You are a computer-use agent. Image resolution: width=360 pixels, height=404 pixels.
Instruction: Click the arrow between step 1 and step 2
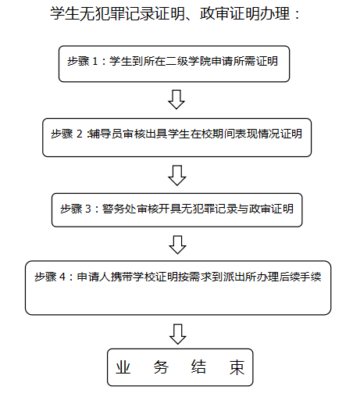tap(176, 100)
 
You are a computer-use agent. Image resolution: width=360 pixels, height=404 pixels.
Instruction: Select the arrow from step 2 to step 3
tap(177, 175)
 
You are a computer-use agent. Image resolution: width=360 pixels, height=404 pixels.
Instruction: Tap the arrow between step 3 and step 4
tap(177, 245)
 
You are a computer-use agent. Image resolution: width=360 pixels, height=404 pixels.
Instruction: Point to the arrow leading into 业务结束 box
tap(178, 334)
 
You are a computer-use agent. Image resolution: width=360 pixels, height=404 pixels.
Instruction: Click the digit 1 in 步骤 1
tap(95, 62)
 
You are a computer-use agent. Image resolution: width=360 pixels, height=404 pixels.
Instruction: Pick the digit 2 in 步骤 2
tap(79, 134)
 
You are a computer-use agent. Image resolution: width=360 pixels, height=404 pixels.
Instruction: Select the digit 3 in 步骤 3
tap(88, 209)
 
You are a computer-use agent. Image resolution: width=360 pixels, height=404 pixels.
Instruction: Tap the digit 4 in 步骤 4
tap(62, 277)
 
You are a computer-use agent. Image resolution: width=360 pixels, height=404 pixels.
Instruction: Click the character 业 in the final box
tap(123, 367)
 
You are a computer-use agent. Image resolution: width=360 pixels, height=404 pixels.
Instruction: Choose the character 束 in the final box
tap(237, 367)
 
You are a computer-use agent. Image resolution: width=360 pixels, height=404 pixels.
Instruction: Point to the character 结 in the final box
tap(198, 367)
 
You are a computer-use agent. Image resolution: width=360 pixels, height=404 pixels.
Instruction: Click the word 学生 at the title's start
tap(64, 13)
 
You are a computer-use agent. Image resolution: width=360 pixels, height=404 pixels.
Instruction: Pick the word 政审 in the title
tap(214, 13)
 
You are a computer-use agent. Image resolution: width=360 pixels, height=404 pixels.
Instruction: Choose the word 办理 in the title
tap(275, 13)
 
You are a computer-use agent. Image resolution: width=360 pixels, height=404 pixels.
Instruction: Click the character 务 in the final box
tap(161, 367)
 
